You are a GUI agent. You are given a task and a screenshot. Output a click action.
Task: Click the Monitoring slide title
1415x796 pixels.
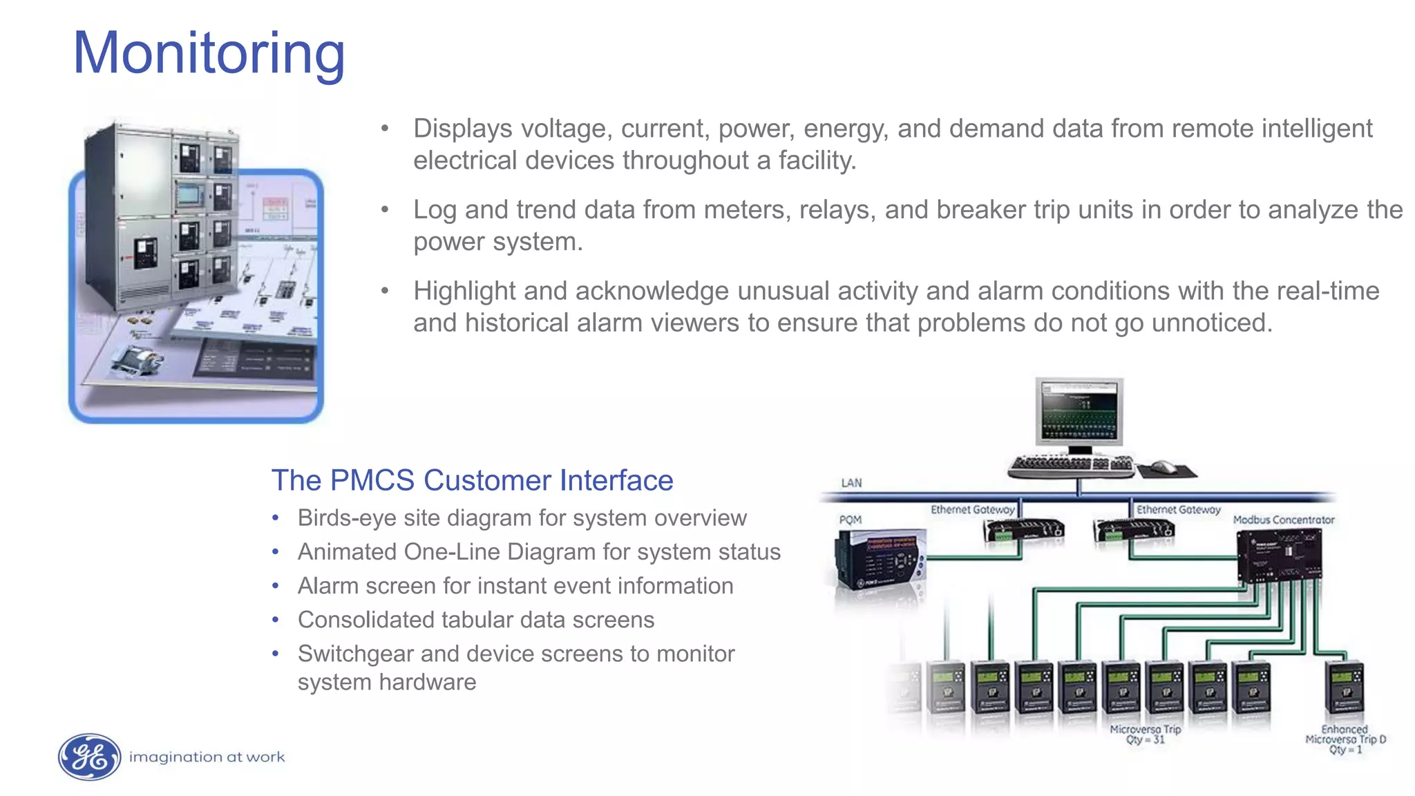tap(209, 54)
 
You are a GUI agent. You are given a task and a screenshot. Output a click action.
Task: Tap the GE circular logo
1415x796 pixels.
tap(89, 757)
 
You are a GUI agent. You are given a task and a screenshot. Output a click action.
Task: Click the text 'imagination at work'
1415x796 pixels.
tap(207, 757)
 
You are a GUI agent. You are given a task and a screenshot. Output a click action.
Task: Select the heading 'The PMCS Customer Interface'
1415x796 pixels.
tap(472, 480)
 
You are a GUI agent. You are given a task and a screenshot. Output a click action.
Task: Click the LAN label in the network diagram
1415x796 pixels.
tap(851, 482)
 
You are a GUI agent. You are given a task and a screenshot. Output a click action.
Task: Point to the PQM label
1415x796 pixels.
tap(850, 520)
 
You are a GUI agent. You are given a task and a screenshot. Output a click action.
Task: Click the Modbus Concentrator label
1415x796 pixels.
tap(1283, 520)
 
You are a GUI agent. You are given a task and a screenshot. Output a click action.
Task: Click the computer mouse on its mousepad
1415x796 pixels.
tap(1165, 467)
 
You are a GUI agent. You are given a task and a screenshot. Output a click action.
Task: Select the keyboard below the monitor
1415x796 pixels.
tap(1070, 466)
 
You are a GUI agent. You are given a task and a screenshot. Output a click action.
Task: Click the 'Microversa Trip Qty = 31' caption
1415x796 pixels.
tap(1145, 735)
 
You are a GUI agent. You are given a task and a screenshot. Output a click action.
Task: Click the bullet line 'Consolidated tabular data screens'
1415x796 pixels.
tap(475, 620)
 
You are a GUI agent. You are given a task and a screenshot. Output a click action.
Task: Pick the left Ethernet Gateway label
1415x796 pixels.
tap(971, 509)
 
